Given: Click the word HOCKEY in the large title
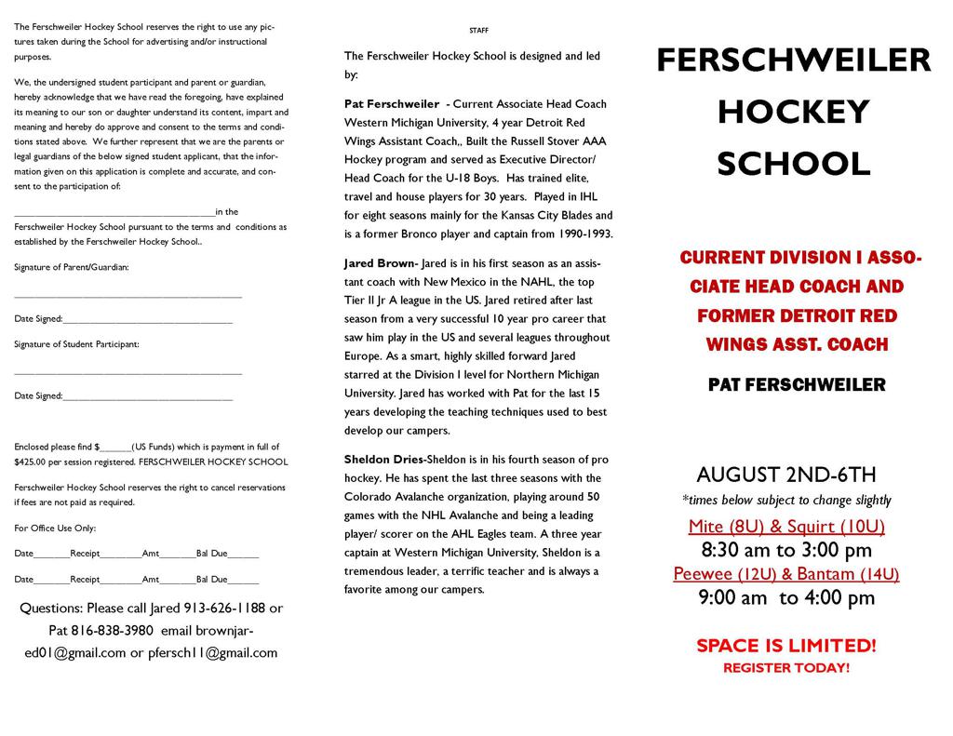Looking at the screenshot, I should point(793,113).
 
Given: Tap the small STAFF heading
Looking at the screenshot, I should point(478,31).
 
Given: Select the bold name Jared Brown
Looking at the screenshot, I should point(380,263).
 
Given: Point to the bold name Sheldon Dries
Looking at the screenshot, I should point(383,460).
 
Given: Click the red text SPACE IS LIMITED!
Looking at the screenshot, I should point(786,646).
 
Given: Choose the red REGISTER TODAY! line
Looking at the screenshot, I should point(786,668).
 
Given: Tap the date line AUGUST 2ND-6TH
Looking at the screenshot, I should point(786,475).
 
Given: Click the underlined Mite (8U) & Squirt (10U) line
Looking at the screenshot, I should point(786,527).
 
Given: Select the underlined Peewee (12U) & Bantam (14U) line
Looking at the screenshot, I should point(786,573).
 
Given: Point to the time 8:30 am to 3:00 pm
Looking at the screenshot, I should point(786,550).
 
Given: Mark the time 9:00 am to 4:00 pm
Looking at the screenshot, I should point(786,597).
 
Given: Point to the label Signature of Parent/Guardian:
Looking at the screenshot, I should point(72,267).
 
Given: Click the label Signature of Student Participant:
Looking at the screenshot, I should point(76,344).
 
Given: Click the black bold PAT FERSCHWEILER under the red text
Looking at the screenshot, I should point(797,384).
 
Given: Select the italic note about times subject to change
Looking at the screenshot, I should point(786,501).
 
